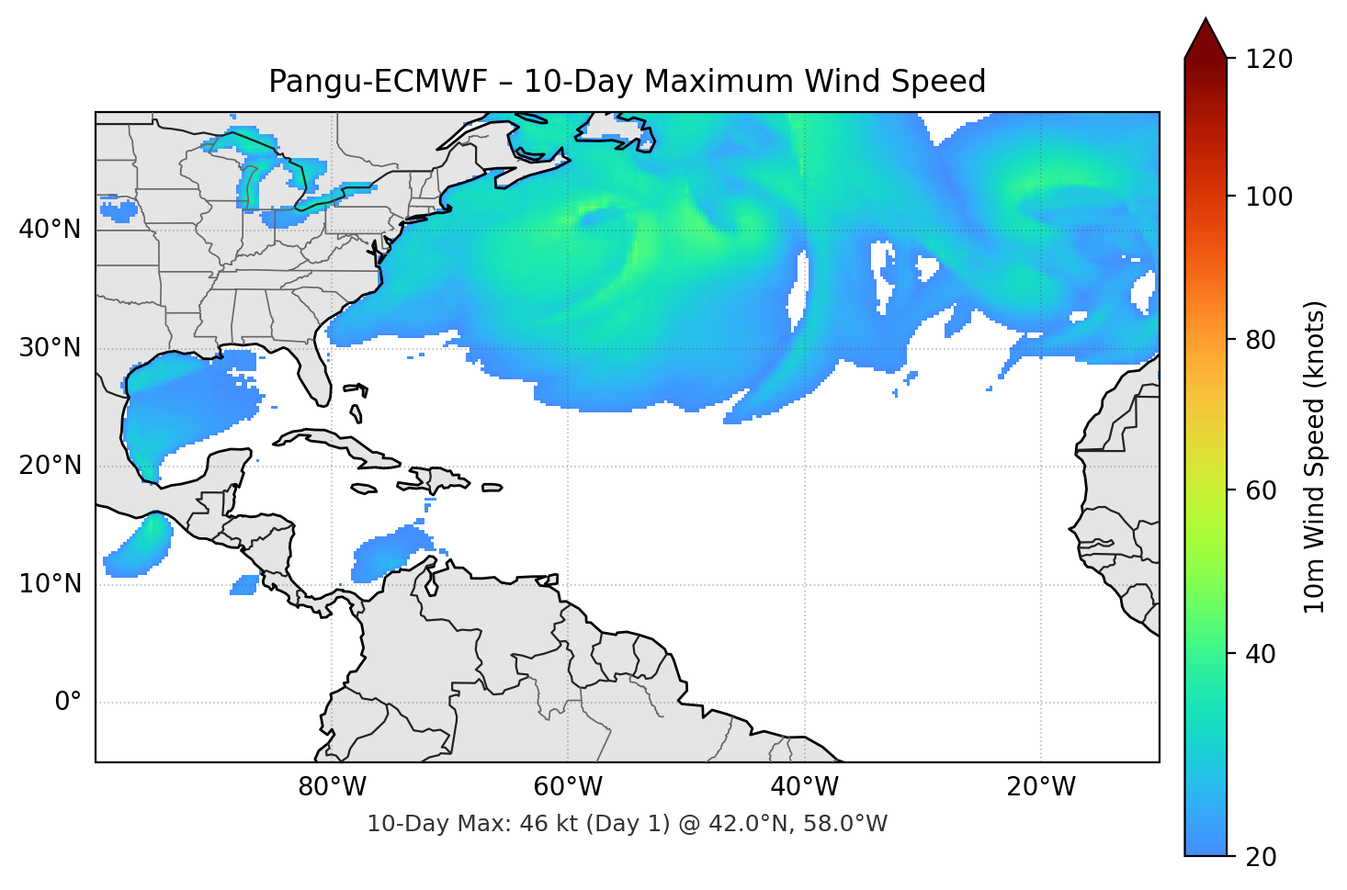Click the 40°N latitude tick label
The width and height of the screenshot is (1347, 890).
click(x=50, y=230)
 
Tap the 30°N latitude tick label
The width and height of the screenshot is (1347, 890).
click(x=50, y=348)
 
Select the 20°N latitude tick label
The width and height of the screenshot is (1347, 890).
click(x=50, y=466)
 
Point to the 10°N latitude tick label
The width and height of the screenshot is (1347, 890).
click(x=50, y=584)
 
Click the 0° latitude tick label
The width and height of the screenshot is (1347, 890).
click(x=68, y=703)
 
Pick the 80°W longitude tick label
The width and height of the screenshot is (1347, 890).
click(x=332, y=787)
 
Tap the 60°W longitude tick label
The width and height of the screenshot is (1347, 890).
click(x=568, y=787)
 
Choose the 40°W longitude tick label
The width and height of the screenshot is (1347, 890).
click(x=805, y=787)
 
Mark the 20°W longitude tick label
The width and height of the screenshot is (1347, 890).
click(x=1041, y=787)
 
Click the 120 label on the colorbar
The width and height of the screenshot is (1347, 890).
click(x=1269, y=60)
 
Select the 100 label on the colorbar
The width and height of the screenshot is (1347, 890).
click(x=1269, y=197)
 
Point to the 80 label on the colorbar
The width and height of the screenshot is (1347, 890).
click(x=1261, y=340)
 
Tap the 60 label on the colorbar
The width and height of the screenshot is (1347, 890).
click(x=1261, y=490)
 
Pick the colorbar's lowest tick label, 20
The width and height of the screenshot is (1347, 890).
click(x=1261, y=857)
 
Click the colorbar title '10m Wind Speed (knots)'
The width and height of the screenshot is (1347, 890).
click(x=1315, y=457)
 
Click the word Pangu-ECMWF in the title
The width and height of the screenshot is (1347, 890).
click(x=378, y=82)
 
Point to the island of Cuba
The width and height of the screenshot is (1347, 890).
click(x=340, y=447)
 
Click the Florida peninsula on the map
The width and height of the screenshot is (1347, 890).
click(x=313, y=372)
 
